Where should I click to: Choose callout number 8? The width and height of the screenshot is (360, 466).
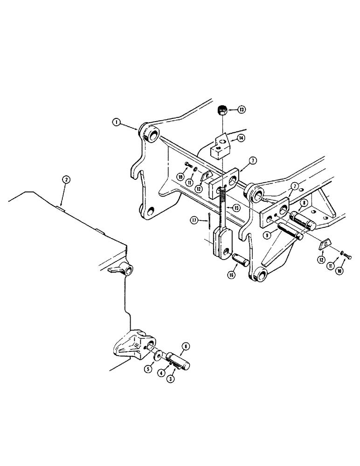pyautogui.click(x=304, y=203)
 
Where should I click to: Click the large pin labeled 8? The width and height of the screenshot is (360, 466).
pyautogui.click(x=304, y=220)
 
